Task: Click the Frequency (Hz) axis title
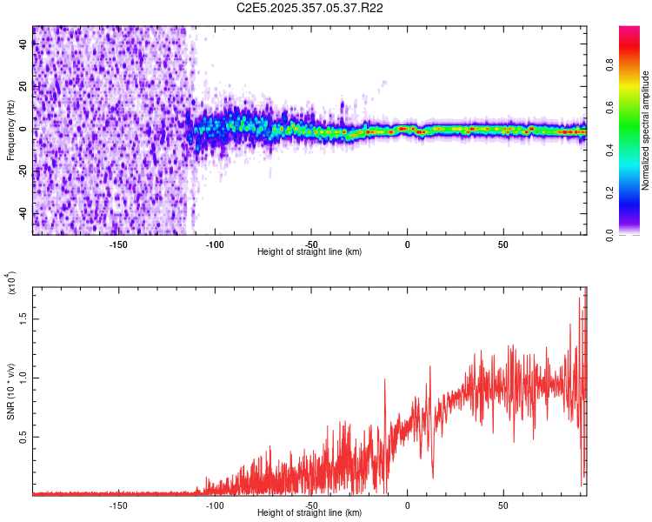pyautogui.click(x=10, y=130)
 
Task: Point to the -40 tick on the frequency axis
pyautogui.click(x=23, y=213)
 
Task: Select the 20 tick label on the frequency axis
pyautogui.click(x=23, y=86)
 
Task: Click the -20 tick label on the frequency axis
pyautogui.click(x=23, y=171)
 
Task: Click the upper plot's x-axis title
pyautogui.click(x=309, y=252)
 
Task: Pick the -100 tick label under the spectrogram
pyautogui.click(x=215, y=244)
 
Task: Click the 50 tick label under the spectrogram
pyautogui.click(x=502, y=244)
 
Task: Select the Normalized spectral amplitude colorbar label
pyautogui.click(x=646, y=130)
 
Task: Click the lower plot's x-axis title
pyautogui.click(x=309, y=513)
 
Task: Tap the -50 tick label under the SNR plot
pyautogui.click(x=310, y=505)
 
